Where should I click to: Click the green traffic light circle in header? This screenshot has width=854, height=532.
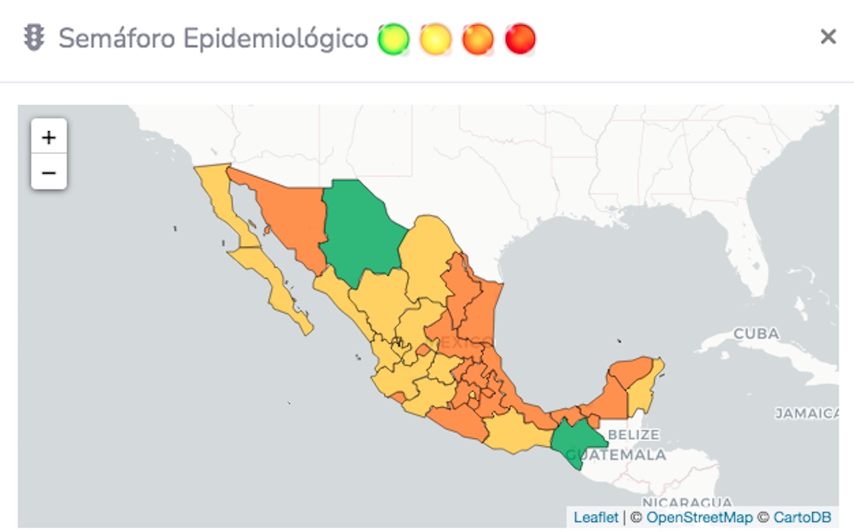(x=393, y=38)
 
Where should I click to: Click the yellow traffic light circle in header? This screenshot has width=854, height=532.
(x=436, y=38)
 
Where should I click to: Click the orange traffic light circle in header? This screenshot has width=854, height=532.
(x=478, y=38)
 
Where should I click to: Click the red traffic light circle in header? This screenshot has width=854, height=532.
(x=521, y=38)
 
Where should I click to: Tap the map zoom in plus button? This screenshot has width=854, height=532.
(x=49, y=137)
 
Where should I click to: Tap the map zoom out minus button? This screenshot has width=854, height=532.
(x=49, y=173)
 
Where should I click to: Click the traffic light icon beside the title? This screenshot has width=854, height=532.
(x=34, y=37)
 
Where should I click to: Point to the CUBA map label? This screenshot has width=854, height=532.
(x=756, y=334)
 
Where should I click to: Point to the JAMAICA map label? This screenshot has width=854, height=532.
(x=807, y=413)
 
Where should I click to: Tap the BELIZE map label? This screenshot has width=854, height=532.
(x=634, y=434)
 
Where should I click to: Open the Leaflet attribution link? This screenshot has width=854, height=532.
(x=596, y=518)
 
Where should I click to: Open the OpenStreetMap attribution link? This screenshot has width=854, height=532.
(x=699, y=518)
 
